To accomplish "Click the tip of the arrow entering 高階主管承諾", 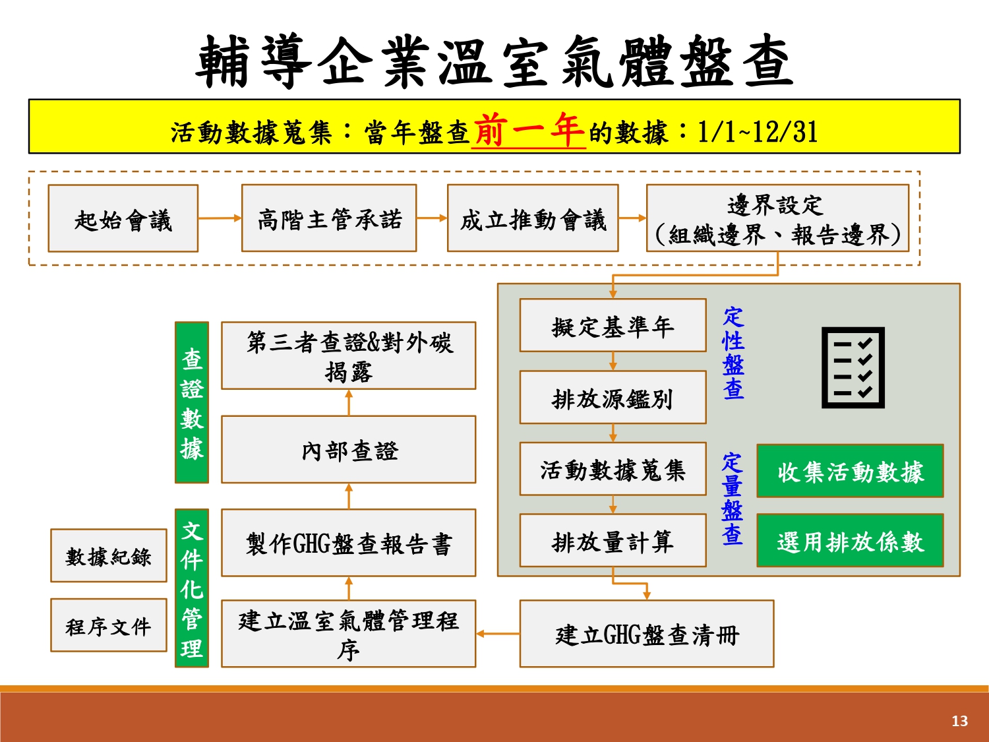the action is click(x=241, y=218).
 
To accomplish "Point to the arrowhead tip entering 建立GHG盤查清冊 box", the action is click(x=647, y=600).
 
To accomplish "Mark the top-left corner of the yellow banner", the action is click(x=29, y=100).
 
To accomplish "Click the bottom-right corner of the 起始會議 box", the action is click(x=198, y=251).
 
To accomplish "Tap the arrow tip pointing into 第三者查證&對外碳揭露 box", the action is click(x=349, y=390).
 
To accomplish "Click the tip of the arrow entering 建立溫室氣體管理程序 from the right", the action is click(x=476, y=634).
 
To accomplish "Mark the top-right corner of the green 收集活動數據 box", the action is click(x=944, y=445).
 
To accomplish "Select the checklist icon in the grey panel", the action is click(x=853, y=367).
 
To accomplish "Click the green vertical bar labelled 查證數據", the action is click(x=192, y=402).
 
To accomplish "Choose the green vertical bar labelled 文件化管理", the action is click(x=192, y=588).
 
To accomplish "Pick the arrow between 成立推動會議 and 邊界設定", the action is click(x=632, y=218).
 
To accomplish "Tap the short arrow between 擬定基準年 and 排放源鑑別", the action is click(x=613, y=361).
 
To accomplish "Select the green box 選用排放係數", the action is click(x=851, y=540).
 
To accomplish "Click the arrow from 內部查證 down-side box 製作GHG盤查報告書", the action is click(x=349, y=496).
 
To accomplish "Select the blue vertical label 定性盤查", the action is click(x=733, y=354).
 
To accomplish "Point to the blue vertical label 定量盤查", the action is click(x=732, y=499).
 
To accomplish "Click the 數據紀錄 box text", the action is click(x=108, y=557).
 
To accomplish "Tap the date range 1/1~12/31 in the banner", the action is click(x=758, y=132).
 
